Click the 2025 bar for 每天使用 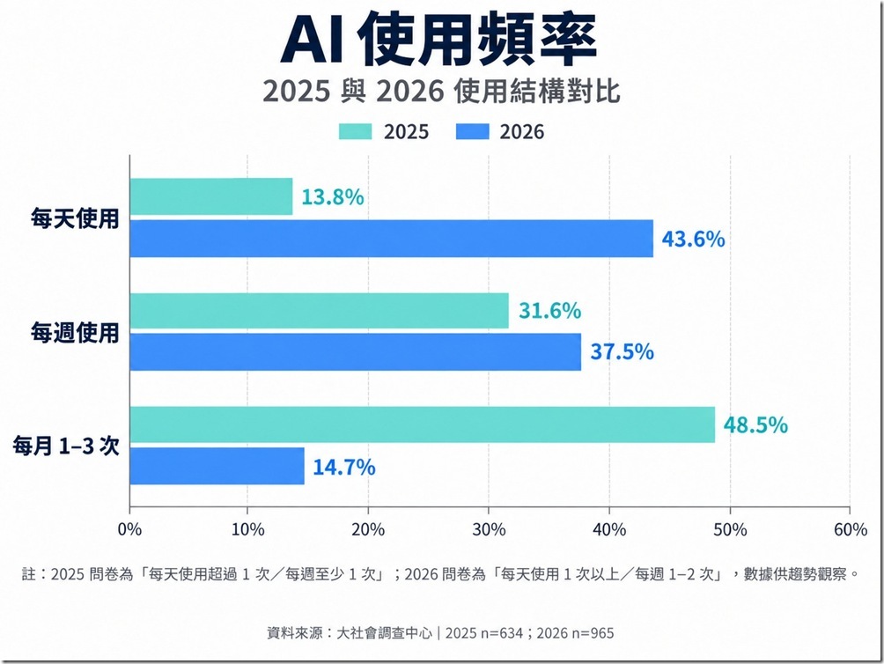pos(211,196)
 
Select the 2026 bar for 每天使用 pos(392,239)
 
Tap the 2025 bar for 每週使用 pos(319,311)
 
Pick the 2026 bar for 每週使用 pos(356,351)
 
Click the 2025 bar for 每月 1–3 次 pos(423,424)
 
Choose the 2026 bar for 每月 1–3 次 pos(217,466)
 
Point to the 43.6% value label pos(694,239)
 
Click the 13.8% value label pos(333,197)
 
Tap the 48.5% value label pos(755,425)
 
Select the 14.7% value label pos(344,468)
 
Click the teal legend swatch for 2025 pos(355,131)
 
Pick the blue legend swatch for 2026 pos(473,131)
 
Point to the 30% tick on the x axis pos(489,530)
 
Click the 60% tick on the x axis pos(851,530)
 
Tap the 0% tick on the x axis pos(129,530)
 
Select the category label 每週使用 pos(75,333)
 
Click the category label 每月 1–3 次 pos(67,446)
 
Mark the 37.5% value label pos(622,352)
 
